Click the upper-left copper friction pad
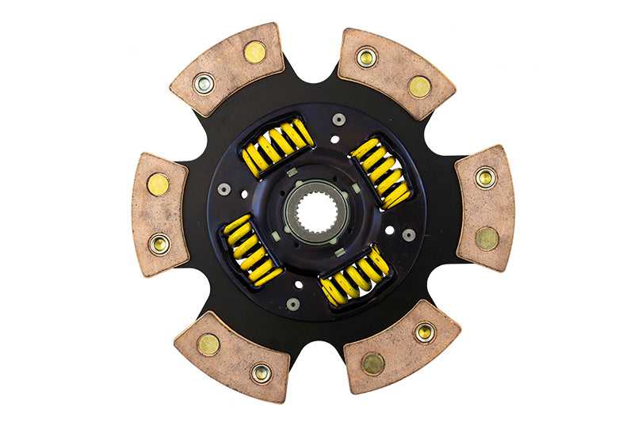pyautogui.click(x=228, y=69)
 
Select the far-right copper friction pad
pyautogui.click(x=485, y=207)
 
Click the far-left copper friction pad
pyautogui.click(x=159, y=214)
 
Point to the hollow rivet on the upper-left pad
pyautogui.click(x=204, y=82)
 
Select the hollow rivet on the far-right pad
pyautogui.click(x=485, y=178)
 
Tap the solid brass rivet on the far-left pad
pyautogui.click(x=158, y=184)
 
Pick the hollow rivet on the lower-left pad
pyautogui.click(x=261, y=371)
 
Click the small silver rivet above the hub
pyautogui.click(x=338, y=120)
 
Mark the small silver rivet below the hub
pyautogui.click(x=293, y=304)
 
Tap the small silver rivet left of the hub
pyautogui.click(x=224, y=190)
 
